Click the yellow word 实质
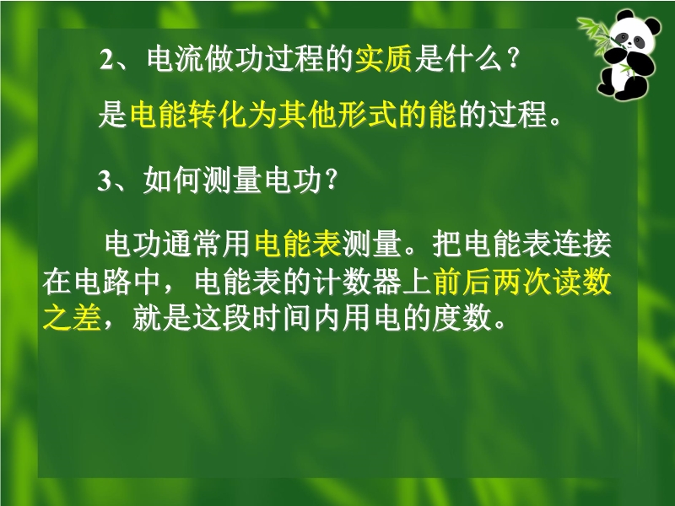coord(384,59)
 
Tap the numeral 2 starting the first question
coord(105,60)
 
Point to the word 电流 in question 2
coord(175,59)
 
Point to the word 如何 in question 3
coord(172,180)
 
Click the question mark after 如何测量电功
coord(332,180)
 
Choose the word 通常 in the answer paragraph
coord(192,244)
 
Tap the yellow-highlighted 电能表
coord(298,244)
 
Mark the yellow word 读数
coord(582,282)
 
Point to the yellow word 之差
coord(72,319)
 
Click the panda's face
coord(631,35)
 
